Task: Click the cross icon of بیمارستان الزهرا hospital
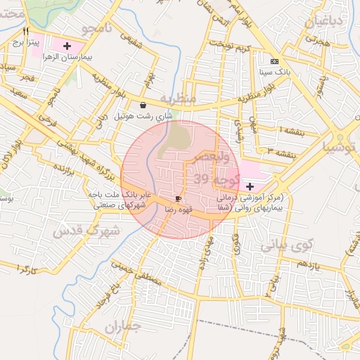67,46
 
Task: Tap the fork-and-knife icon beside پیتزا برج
26,31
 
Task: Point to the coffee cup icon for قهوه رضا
178,199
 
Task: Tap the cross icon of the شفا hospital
251,186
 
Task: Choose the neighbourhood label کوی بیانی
286,246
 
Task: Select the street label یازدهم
308,265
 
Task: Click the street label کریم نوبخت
235,47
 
